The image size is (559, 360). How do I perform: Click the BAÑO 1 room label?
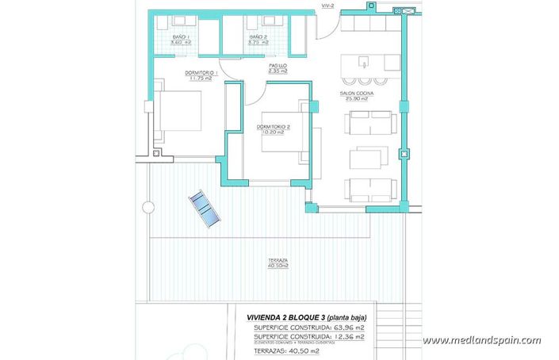[182, 40]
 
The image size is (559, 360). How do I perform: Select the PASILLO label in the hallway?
[278, 68]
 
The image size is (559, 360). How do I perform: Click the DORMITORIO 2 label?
[274, 129]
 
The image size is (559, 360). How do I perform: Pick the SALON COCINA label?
[357, 95]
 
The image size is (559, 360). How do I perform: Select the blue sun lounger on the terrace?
[203, 209]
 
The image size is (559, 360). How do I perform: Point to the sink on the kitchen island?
[364, 62]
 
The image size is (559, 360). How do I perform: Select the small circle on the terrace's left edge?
[147, 208]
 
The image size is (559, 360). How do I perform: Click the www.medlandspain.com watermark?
[481, 341]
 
